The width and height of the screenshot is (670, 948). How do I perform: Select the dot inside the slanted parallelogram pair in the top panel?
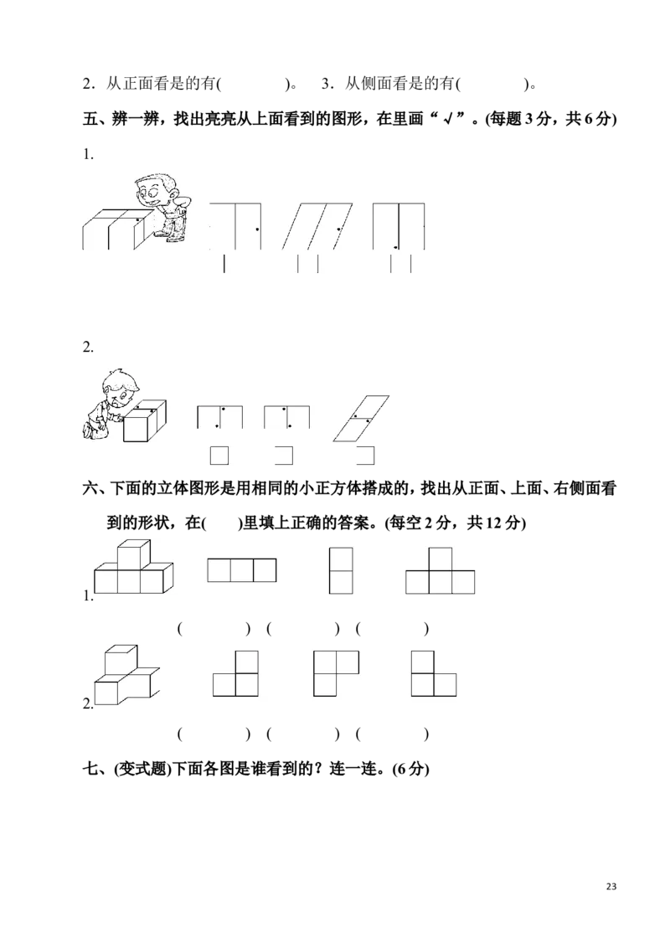[x=338, y=229]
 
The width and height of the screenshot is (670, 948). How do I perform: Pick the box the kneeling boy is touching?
[x=144, y=421]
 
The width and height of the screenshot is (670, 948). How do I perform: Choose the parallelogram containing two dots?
[x=363, y=416]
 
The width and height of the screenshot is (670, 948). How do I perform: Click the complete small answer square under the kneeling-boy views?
[x=219, y=456]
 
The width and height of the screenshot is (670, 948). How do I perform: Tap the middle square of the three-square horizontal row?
[x=241, y=570]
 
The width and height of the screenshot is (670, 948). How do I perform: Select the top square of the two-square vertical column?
[x=342, y=559]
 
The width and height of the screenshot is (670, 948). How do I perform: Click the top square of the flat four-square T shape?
[x=441, y=559]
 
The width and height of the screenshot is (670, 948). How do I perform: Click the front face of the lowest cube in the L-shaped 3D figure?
[x=106, y=693]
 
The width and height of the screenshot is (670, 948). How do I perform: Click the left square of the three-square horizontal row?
[x=219, y=570]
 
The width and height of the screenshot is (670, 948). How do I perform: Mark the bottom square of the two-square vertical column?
[x=342, y=582]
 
